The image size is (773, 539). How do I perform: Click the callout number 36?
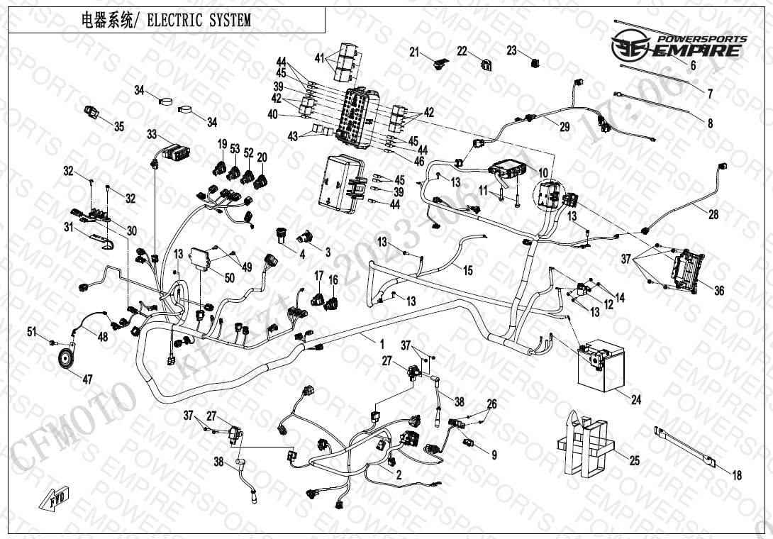point(719,291)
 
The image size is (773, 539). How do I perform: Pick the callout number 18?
point(737,476)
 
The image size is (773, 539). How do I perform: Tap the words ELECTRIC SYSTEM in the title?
point(198,21)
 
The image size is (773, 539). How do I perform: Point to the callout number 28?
point(713,214)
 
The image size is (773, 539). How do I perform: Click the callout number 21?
point(415,51)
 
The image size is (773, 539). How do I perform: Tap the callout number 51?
point(31,332)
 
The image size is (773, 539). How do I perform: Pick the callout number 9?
point(494,455)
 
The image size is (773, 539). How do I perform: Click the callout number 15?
point(467,270)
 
